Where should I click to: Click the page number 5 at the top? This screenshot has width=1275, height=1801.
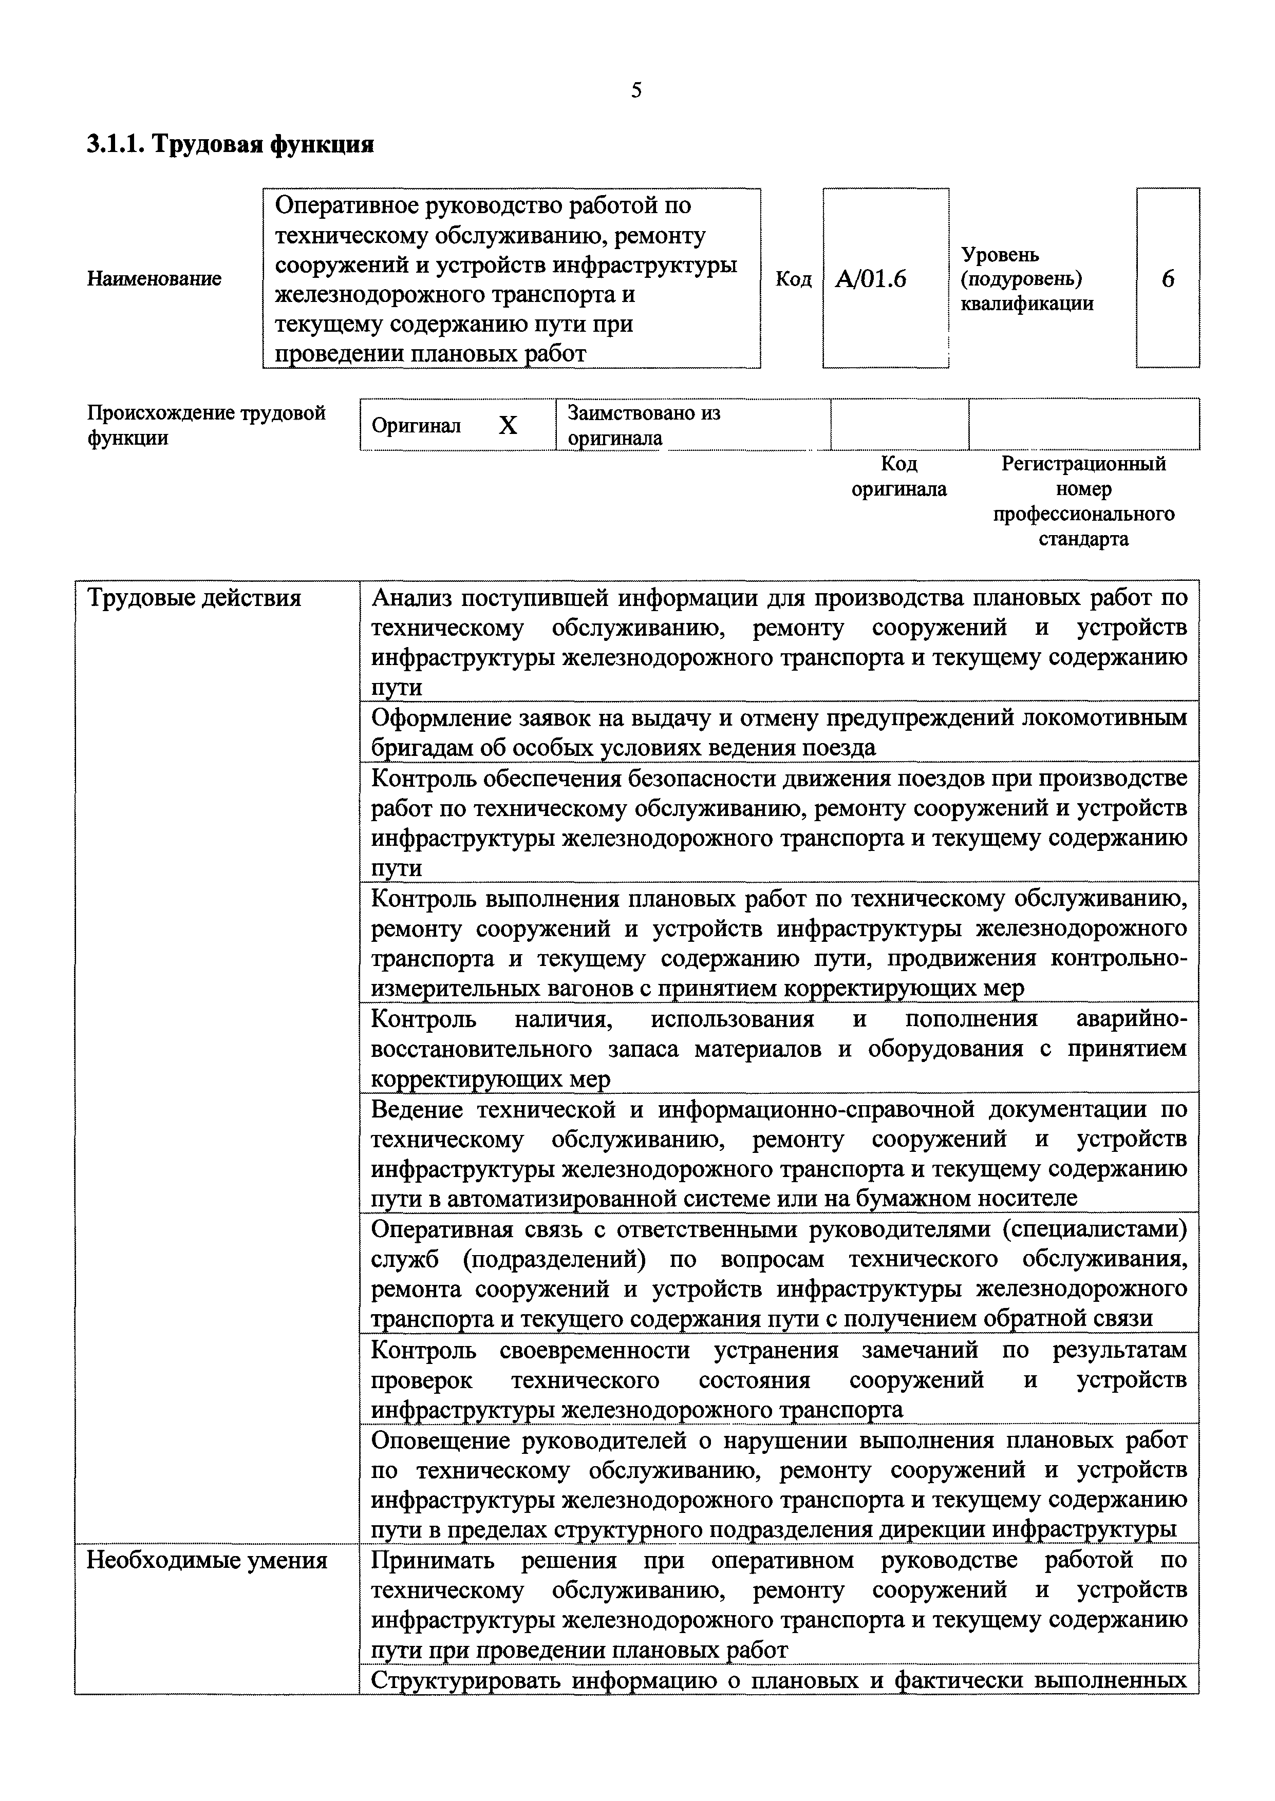636,91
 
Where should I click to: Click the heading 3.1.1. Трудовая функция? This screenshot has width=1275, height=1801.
230,144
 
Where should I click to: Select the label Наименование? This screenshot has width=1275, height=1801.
154,278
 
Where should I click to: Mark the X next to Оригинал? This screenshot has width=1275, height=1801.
508,425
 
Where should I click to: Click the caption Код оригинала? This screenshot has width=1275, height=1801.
899,477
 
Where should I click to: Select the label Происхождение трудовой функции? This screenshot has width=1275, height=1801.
205,425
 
